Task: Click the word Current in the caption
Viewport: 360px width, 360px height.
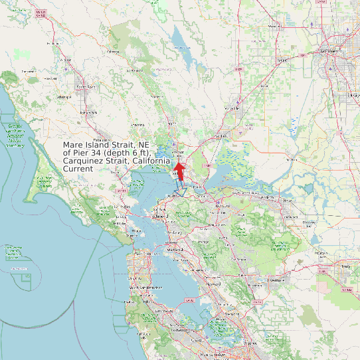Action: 78,169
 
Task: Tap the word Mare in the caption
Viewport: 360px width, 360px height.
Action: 74,145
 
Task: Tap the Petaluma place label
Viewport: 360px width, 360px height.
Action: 100,141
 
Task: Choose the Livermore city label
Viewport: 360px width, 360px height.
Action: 275,280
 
